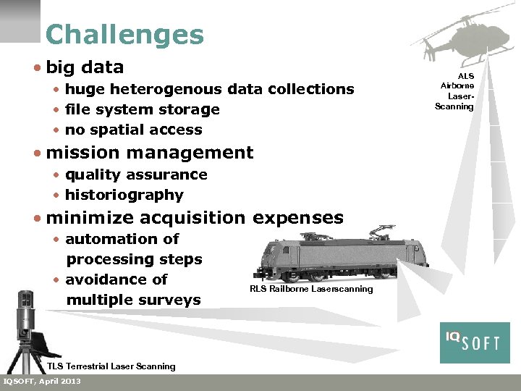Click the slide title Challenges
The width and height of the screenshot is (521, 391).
tap(124, 35)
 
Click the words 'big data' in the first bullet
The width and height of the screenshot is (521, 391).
tap(85, 67)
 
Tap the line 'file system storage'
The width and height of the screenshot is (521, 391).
tap(142, 109)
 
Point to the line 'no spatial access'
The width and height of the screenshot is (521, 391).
tap(133, 130)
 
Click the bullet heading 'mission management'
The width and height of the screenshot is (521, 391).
tap(149, 153)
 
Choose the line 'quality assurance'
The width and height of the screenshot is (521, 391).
tap(136, 175)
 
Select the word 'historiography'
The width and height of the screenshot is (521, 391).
tap(124, 195)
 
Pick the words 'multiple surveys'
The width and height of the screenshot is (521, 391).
tap(133, 300)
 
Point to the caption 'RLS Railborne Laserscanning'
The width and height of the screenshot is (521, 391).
tap(311, 289)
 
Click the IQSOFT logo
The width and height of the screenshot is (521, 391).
tap(475, 342)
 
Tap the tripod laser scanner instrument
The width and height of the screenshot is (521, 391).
tap(26, 326)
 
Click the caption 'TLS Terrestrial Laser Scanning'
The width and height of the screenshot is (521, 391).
tap(111, 366)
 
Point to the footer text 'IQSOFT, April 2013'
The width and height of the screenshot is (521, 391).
tap(43, 382)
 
